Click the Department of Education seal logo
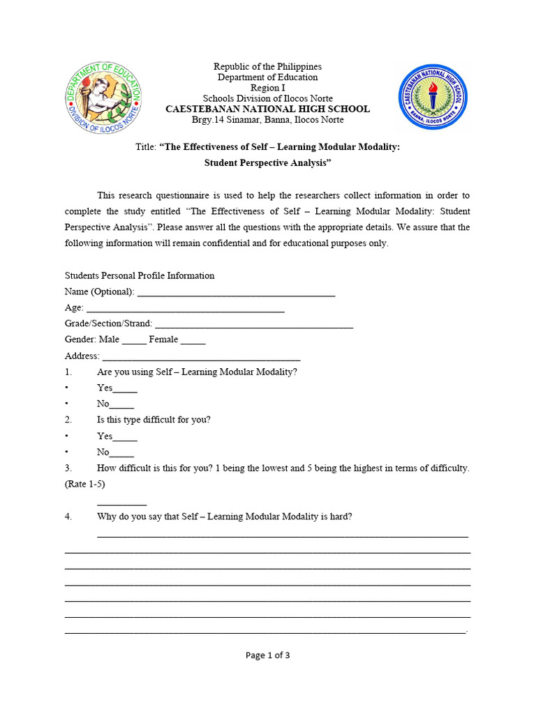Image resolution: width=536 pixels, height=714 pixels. click(103, 98)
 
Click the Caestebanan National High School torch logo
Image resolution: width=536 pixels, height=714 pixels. click(433, 97)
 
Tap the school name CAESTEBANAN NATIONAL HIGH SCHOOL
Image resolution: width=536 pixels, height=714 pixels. click(267, 109)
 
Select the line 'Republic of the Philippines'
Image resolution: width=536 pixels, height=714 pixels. click(267, 67)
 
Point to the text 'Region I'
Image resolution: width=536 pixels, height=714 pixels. click(267, 88)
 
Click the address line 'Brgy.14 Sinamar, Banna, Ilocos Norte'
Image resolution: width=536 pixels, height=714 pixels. click(267, 120)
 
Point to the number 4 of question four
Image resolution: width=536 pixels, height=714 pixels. click(68, 517)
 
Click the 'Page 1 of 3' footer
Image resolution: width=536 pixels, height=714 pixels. click(267, 655)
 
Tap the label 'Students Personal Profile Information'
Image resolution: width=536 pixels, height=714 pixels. click(140, 276)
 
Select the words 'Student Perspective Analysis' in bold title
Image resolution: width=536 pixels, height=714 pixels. click(267, 163)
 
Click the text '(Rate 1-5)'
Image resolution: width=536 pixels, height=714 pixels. click(85, 484)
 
